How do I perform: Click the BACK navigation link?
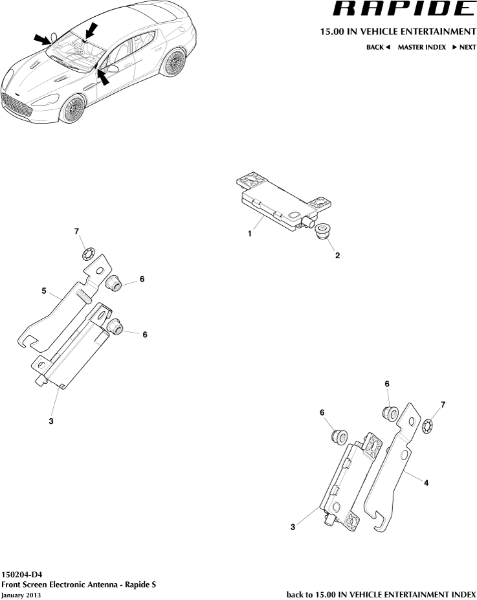coord(378,47)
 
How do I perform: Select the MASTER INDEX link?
coord(421,47)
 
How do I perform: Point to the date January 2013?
coord(21,595)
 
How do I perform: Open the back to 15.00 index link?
coord(381,594)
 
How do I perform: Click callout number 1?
coord(249,235)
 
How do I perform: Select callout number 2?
coord(337,255)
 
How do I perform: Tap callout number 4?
coord(426,482)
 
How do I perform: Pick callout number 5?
coord(45,291)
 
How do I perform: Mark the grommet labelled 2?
coord(322,231)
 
